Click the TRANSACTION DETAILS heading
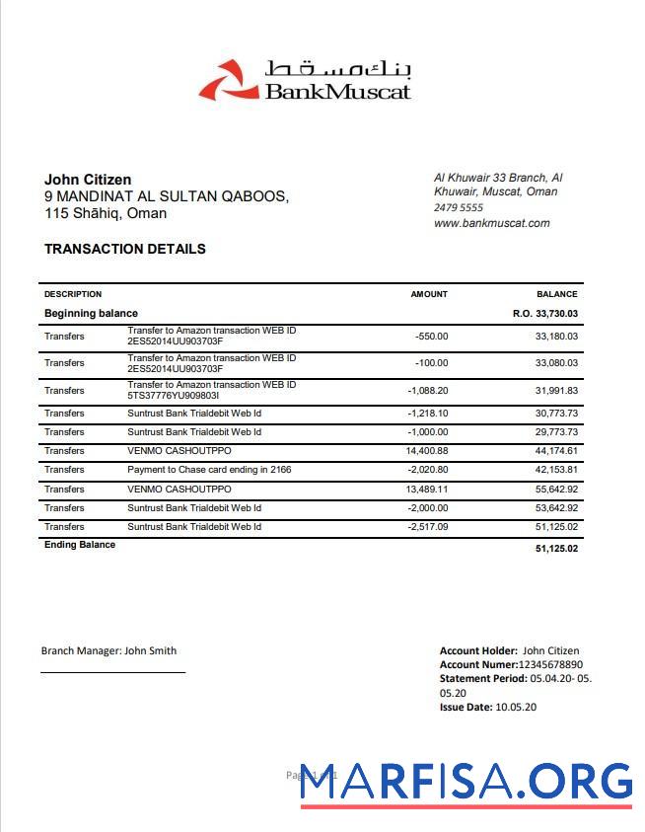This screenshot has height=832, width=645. (x=125, y=249)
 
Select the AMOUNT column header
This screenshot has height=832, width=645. (x=429, y=294)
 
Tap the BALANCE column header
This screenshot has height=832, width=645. (x=557, y=294)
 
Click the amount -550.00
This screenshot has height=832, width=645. (x=432, y=337)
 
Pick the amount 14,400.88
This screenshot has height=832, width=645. (x=427, y=451)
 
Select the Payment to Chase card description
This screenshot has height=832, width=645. (x=209, y=470)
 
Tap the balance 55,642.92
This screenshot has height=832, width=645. (x=556, y=490)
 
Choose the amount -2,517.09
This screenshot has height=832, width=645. (x=427, y=527)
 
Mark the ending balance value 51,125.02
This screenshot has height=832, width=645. (x=556, y=548)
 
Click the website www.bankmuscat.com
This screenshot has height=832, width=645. (x=491, y=223)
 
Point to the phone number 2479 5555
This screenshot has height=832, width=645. (x=459, y=208)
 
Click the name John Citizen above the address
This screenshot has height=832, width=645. (x=88, y=180)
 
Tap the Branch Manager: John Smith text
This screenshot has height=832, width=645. (x=108, y=650)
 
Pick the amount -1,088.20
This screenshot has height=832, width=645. (x=427, y=390)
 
